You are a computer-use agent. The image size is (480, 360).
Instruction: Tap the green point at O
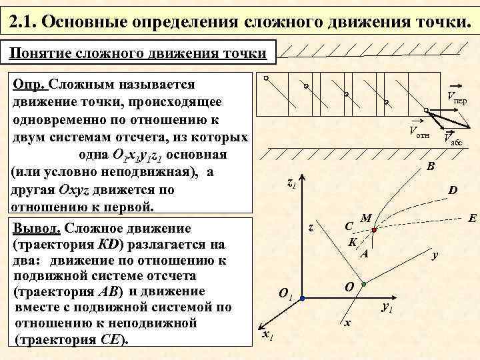tap(363, 285)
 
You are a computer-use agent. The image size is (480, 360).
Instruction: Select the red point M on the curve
tap(374, 229)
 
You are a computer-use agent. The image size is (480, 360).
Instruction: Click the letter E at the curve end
tap(471, 217)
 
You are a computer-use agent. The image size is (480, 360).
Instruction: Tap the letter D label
tap(452, 191)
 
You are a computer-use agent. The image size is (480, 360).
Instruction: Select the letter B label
tap(430, 165)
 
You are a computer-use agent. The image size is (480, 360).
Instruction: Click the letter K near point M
tap(353, 241)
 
